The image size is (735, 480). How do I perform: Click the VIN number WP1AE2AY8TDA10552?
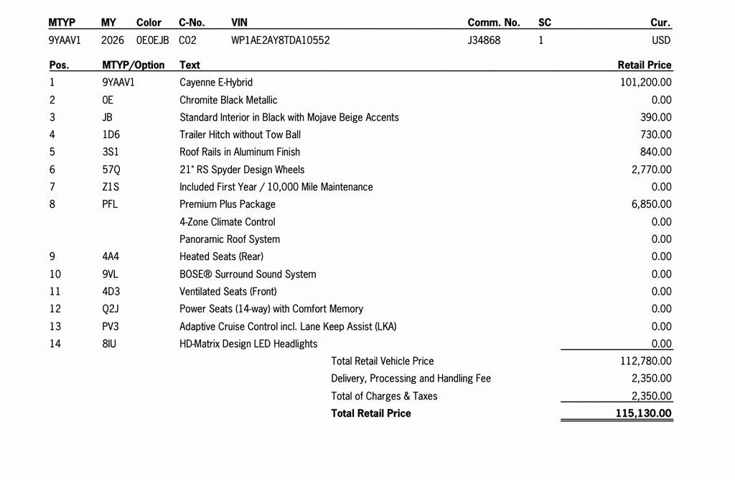pyautogui.click(x=281, y=40)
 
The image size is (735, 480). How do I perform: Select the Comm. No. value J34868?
pyautogui.click(x=484, y=40)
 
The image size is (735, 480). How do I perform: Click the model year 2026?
pyautogui.click(x=113, y=40)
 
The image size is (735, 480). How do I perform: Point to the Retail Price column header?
pyautogui.click(x=645, y=65)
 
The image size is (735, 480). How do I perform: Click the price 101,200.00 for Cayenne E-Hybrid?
pyautogui.click(x=646, y=83)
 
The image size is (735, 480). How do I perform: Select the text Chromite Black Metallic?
pyautogui.click(x=228, y=100)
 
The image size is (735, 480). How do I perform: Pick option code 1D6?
pyautogui.click(x=111, y=134)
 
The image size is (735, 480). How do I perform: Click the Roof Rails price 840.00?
pyautogui.click(x=656, y=152)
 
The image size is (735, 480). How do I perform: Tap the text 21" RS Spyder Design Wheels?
pyautogui.click(x=242, y=170)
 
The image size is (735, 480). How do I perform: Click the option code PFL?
pyautogui.click(x=110, y=204)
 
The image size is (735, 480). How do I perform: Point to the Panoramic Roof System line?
pyautogui.click(x=230, y=239)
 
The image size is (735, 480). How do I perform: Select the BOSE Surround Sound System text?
pyautogui.click(x=248, y=274)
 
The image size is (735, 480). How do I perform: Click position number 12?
pyautogui.click(x=55, y=309)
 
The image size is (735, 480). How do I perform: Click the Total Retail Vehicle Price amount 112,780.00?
pyautogui.click(x=646, y=361)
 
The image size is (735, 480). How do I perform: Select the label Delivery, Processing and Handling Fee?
pyautogui.click(x=411, y=378)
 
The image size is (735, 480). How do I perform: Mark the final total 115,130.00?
pyautogui.click(x=643, y=413)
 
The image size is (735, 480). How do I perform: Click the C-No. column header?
pyautogui.click(x=192, y=22)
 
